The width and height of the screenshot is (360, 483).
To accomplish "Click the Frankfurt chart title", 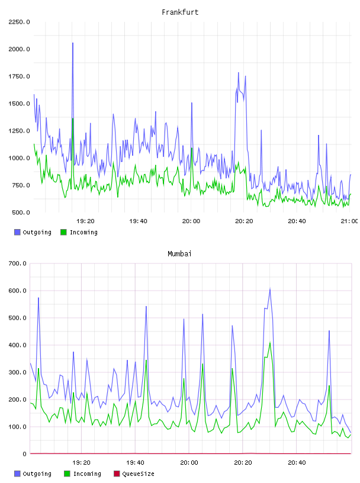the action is (180, 12).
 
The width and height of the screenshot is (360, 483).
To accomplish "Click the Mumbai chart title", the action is (179, 254).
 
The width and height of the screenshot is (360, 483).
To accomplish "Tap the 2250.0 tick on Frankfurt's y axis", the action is (20, 22).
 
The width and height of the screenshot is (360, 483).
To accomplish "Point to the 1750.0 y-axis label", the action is (20, 76).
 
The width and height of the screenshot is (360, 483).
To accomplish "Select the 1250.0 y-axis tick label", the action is (20, 131).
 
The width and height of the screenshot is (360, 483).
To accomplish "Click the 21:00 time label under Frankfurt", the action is (349, 221).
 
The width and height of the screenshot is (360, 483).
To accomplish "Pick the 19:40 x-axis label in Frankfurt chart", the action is (138, 221).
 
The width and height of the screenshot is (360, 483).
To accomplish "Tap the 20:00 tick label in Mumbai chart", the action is (189, 462).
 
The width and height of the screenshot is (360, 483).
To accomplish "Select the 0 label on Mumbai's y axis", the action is (25, 454).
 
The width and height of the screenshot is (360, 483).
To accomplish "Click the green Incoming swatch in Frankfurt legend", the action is (63, 232).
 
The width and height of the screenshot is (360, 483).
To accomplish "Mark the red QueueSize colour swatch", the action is (117, 474).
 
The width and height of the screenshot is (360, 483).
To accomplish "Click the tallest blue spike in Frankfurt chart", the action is (73, 43).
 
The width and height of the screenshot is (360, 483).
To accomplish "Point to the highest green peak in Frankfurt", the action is (73, 118).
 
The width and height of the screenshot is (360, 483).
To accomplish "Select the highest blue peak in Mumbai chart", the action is (270, 289).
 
